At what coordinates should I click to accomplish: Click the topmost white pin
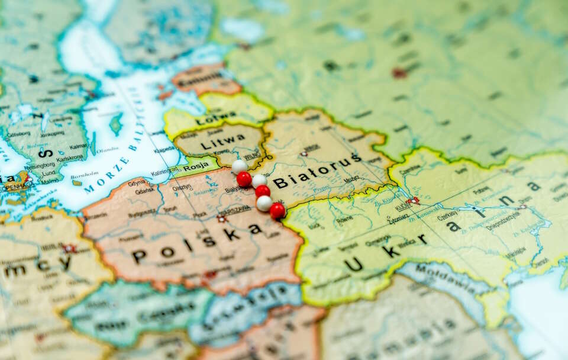[239, 166]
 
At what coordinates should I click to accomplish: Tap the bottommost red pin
[277, 210]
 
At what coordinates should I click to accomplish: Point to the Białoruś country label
[317, 171]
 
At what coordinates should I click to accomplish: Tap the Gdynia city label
[136, 183]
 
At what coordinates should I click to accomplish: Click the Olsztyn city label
[182, 188]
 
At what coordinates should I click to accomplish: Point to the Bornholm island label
[84, 175]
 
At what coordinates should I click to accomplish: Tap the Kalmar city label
[78, 146]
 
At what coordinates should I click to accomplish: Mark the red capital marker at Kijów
[413, 200]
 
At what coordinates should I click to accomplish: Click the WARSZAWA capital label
[235, 210]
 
